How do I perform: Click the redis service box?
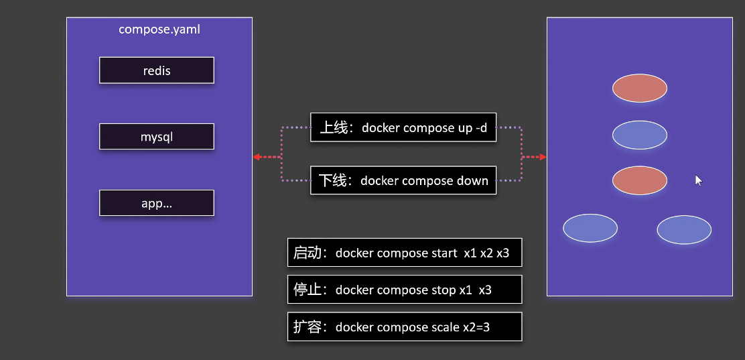point(156,70)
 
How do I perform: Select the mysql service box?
point(156,137)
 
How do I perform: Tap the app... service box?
point(156,203)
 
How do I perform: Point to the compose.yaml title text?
point(159,29)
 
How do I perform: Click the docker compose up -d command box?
point(403,127)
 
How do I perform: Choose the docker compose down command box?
point(403,180)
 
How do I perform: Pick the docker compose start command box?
point(404,253)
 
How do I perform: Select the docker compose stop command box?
point(404,290)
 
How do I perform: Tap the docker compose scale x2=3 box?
point(404,326)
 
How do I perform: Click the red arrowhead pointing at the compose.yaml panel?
point(257,157)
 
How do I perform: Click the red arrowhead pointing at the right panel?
point(543,157)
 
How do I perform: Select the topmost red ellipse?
point(640,88)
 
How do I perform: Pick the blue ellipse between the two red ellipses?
point(640,135)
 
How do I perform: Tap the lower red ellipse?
point(640,181)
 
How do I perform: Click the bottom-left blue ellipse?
point(590,228)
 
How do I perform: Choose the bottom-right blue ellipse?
point(684,230)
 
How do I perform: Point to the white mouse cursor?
point(698,180)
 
